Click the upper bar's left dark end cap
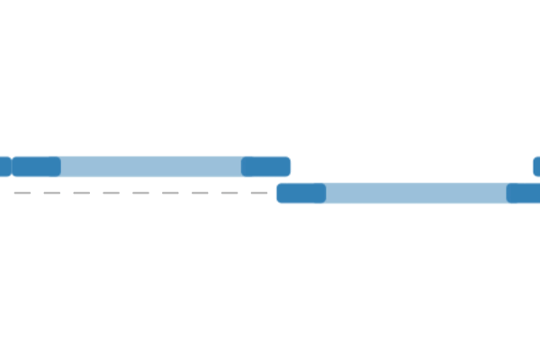(36, 166)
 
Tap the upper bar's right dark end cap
(265, 166)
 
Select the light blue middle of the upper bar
(151, 166)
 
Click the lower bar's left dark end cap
(301, 193)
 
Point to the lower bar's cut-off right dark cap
(524, 193)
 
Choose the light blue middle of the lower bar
(416, 193)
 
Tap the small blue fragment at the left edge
(4, 166)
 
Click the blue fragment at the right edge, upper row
(536, 166)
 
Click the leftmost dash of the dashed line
(22, 193)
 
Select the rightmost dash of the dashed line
(259, 193)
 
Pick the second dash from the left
(52, 193)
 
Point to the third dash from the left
(82, 193)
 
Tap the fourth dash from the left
(112, 193)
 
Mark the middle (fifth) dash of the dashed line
(141, 193)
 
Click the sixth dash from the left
(171, 193)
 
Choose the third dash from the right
(200, 193)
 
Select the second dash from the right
(229, 193)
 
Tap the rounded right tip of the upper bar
(288, 166)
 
